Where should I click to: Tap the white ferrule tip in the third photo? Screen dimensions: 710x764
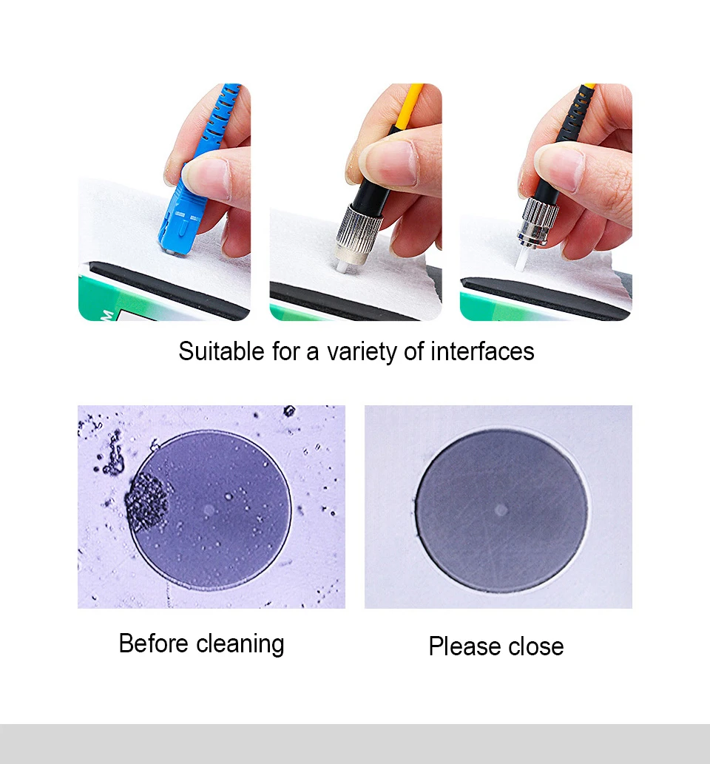tap(522, 258)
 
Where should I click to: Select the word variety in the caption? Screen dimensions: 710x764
tap(362, 352)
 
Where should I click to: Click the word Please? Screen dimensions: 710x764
tap(464, 647)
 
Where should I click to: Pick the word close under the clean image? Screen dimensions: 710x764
tap(536, 646)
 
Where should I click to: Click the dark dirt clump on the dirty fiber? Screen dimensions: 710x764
tap(146, 502)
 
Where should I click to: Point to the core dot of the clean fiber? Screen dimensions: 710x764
tap(501, 510)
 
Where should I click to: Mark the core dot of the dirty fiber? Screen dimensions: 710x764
tap(209, 510)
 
